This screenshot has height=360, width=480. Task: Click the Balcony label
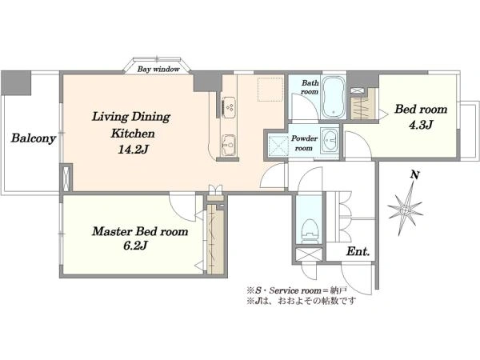[x=34, y=138]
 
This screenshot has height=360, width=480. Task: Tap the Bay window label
[x=158, y=69]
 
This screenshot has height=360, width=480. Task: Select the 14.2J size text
[x=133, y=150]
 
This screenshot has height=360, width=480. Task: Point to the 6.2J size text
[x=135, y=246]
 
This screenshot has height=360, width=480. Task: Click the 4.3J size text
[x=421, y=125]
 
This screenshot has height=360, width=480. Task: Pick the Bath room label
[x=310, y=87]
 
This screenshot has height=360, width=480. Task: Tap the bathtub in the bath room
[x=334, y=97]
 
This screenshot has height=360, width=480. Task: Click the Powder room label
[x=304, y=143]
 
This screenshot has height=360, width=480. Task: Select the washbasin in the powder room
[x=330, y=141]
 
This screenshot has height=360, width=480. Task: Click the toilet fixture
[x=310, y=231]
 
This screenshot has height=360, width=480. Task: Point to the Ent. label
[x=358, y=252]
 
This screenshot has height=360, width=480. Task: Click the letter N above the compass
[x=414, y=175]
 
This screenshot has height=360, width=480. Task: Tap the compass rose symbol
[x=405, y=210]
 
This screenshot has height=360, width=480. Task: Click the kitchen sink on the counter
[x=229, y=145]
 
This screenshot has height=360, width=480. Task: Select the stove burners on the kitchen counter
[x=229, y=107]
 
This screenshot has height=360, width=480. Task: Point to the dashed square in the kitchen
[x=270, y=89]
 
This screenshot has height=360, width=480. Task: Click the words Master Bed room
[x=140, y=231]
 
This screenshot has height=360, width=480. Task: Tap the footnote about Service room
[x=297, y=290]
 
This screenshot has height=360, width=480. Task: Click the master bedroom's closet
[x=215, y=238]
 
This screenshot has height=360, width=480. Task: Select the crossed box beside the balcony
[x=66, y=178]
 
